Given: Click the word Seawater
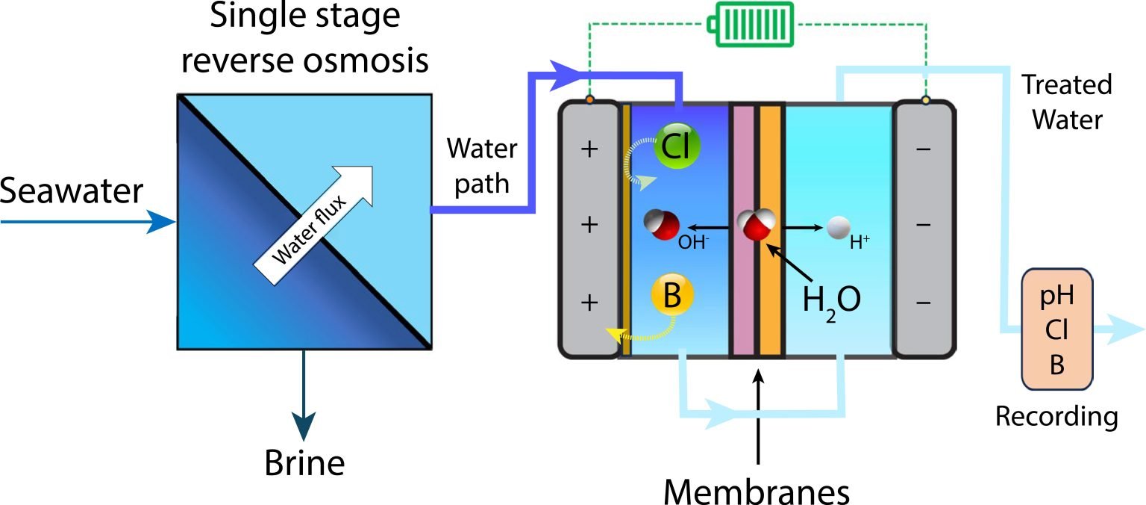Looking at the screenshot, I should click(71, 192).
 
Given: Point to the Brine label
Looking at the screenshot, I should click(304, 463).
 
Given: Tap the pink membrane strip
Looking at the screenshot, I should click(742, 232).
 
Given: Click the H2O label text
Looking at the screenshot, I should click(831, 300).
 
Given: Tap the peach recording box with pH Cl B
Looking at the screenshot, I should click(1056, 329).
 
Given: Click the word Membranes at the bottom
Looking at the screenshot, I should click(757, 491).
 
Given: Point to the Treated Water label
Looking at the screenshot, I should click(1065, 102).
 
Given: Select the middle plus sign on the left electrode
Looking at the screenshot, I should click(589, 225).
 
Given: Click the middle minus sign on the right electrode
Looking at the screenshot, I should click(923, 225).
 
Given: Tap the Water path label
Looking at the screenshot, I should click(482, 166).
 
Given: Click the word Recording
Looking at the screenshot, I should click(1056, 416).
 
